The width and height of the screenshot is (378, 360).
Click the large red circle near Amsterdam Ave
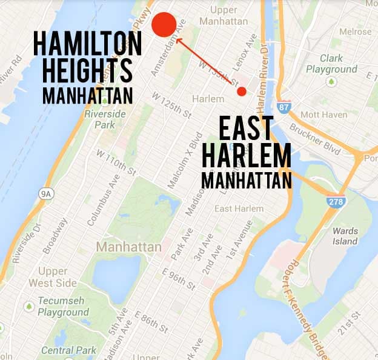click(x=164, y=24)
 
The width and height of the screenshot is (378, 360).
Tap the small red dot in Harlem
click(x=242, y=92)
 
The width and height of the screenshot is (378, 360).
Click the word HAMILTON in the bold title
click(x=88, y=44)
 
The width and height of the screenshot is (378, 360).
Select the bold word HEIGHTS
click(x=83, y=71)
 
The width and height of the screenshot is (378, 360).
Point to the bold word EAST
click(x=245, y=130)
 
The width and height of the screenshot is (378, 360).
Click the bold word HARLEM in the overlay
click(x=247, y=156)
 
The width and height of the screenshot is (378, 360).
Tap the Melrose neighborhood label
click(x=356, y=32)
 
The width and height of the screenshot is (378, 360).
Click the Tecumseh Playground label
click(x=63, y=307)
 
